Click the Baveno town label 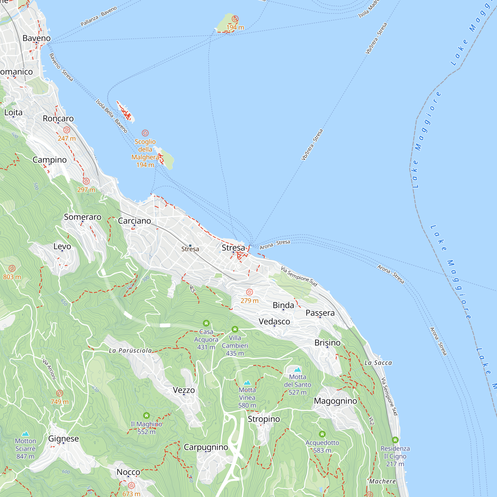point(37,38)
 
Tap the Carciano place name point(134,221)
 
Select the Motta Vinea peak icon point(247,382)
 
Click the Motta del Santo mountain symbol point(298,370)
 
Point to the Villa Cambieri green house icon point(235,329)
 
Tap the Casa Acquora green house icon point(206,323)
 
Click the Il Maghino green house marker point(146,415)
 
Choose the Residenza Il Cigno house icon point(395,440)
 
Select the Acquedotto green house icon point(322,434)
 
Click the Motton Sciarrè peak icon point(25,434)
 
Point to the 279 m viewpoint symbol point(249,292)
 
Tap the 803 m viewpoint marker point(12,268)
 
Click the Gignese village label point(64,438)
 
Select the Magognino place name point(335,401)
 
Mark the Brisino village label point(328,343)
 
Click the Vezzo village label point(184,390)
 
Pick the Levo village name point(62,247)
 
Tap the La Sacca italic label point(378,363)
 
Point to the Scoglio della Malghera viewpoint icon point(145,133)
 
